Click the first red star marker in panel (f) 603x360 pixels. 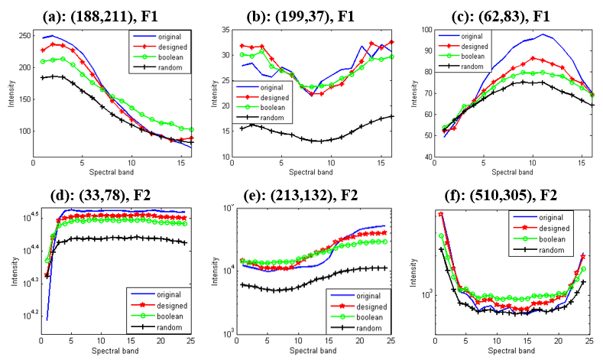pos(441,214)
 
